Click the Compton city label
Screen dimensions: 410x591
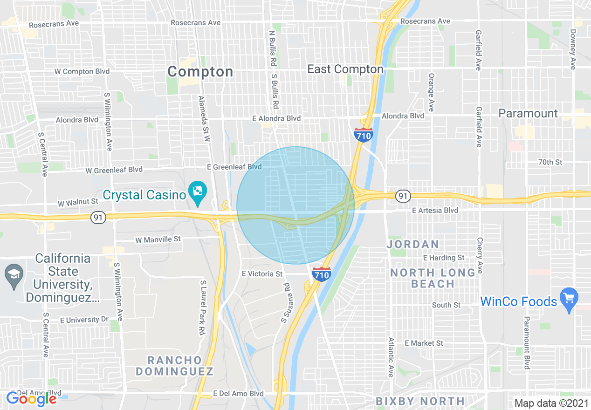pos(200,72)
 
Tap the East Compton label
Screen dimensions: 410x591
pos(345,69)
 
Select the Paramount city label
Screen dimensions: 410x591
pos(528,114)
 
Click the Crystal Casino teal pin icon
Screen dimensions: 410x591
pos(198,192)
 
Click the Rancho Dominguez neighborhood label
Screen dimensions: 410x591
pos(175,366)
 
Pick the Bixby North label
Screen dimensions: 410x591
pos(420,401)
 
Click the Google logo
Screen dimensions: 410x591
pos(31,399)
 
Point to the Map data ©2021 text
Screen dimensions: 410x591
pos(551,403)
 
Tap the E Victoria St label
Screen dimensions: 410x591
pos(262,274)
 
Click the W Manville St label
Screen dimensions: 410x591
pos(158,239)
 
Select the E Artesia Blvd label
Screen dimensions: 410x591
pos(435,211)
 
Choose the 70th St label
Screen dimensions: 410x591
pos(550,162)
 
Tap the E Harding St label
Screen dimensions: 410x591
pos(443,258)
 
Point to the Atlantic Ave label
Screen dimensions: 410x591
pos(391,357)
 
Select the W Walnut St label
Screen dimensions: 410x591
pos(78,202)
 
